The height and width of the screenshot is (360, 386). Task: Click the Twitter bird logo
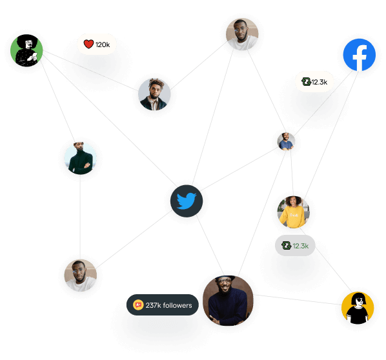coord(187,201)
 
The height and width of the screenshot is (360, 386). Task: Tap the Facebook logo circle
coord(360,55)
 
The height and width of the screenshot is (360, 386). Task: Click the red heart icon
coord(88,44)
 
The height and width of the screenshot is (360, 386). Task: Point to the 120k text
coord(103,45)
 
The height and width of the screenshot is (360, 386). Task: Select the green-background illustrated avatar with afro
coord(26,50)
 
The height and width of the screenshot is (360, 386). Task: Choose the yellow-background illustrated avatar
coord(358,308)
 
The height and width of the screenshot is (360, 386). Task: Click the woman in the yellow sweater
coord(293,212)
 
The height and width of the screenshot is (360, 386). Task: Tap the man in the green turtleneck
coord(80,158)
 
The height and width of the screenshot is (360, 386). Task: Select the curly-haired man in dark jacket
coord(154,94)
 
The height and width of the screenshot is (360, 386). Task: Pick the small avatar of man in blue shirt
coord(287,141)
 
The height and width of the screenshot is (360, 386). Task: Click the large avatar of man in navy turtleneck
coord(228,301)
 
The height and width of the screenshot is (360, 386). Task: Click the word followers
coord(178,305)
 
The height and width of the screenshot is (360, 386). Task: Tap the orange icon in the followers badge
coord(138,305)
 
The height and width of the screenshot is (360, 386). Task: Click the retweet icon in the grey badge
coord(287,245)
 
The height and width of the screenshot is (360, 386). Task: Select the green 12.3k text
coord(301,246)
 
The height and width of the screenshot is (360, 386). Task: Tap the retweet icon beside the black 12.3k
coord(306,81)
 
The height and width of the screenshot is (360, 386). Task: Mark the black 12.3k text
coord(320,82)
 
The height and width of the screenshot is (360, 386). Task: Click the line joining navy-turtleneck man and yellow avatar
coord(298,299)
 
